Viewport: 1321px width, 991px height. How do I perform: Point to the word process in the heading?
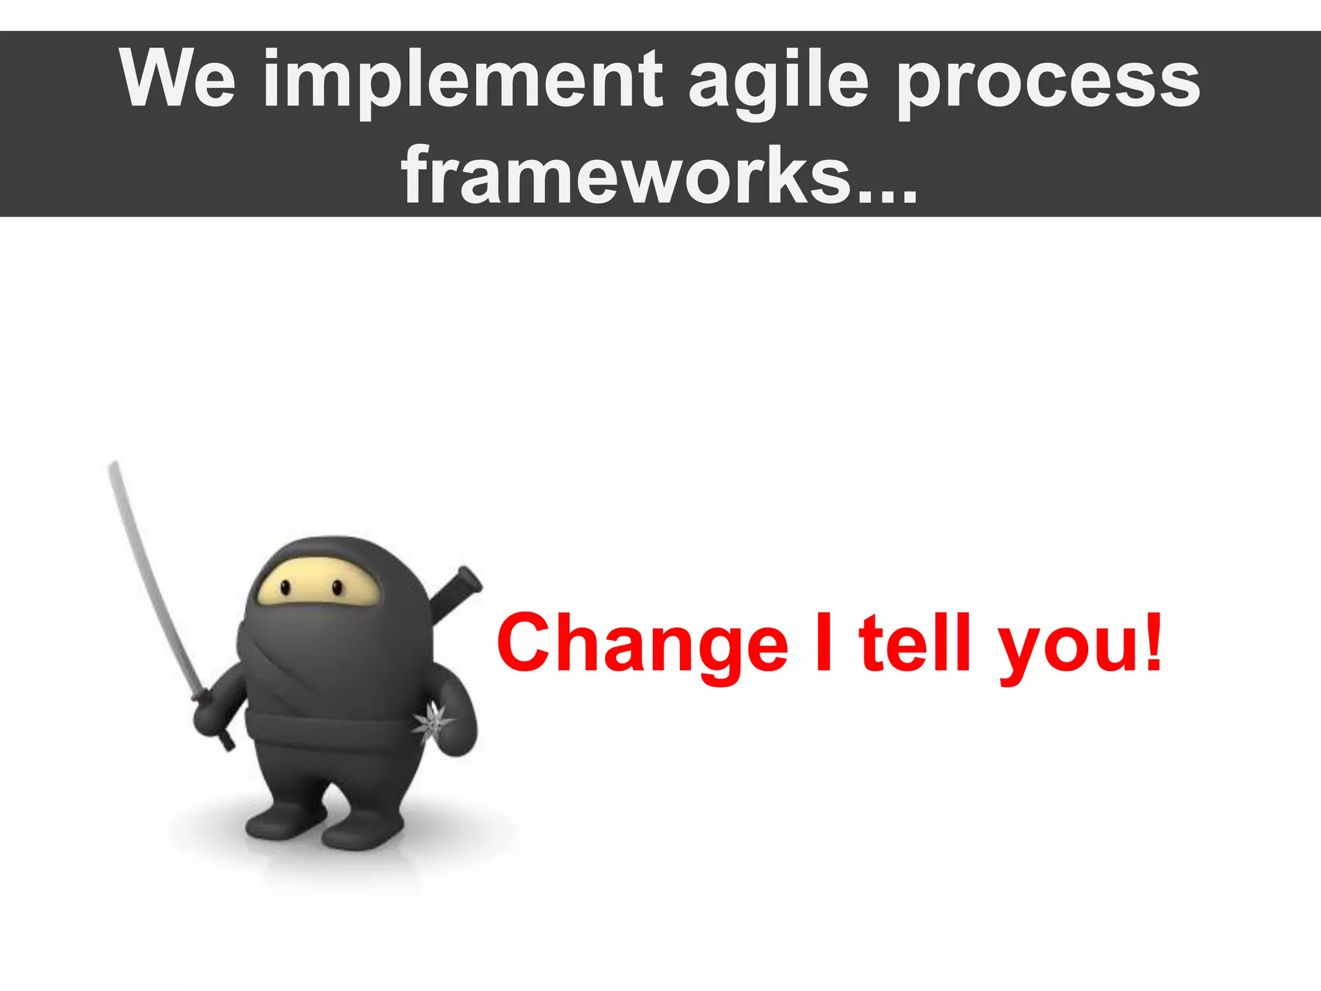click(1048, 83)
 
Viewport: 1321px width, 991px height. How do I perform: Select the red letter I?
click(824, 641)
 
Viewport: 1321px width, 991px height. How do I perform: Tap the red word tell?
click(915, 641)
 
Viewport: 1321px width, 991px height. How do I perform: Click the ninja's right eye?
click(337, 587)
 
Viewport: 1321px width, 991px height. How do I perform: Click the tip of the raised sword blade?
click(114, 466)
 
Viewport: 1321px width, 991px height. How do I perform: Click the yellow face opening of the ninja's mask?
click(316, 583)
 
